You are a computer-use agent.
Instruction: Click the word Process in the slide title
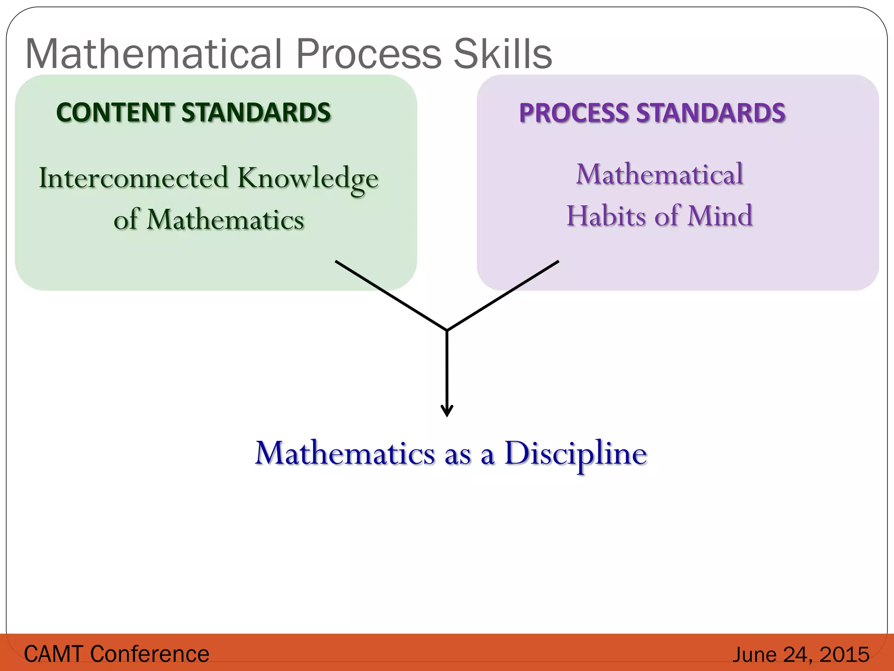click(x=369, y=54)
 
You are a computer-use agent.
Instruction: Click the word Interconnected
click(x=134, y=178)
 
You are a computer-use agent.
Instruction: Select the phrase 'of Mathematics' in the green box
click(x=209, y=219)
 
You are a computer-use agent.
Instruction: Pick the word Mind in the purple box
click(x=720, y=216)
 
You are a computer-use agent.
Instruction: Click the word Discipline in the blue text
click(x=575, y=454)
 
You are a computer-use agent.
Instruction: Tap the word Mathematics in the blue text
click(x=345, y=453)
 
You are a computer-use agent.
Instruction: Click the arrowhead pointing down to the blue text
click(x=447, y=411)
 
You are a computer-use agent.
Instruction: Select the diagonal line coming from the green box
click(x=391, y=295)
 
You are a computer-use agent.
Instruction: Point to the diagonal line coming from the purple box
click(x=503, y=295)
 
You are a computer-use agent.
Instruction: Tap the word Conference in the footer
click(x=150, y=654)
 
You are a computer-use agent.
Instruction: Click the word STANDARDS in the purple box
click(x=711, y=113)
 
